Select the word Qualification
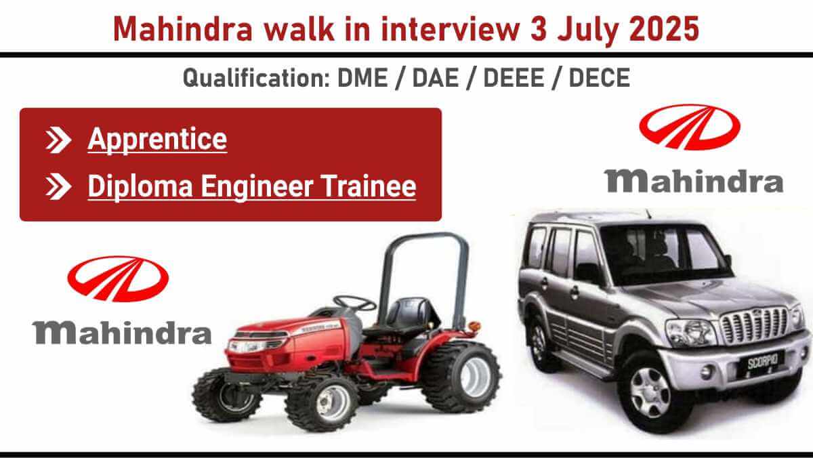(256, 77)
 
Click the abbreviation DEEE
(514, 77)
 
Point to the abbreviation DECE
(599, 77)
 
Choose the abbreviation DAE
(435, 77)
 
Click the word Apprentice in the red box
(157, 140)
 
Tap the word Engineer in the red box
(257, 186)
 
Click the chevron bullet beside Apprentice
(58, 140)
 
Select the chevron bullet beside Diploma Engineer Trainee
(58, 186)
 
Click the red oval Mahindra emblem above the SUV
(690, 127)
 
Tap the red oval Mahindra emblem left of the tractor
(118, 278)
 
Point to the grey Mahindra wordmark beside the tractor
(122, 333)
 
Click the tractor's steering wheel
(354, 302)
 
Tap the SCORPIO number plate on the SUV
(763, 360)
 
